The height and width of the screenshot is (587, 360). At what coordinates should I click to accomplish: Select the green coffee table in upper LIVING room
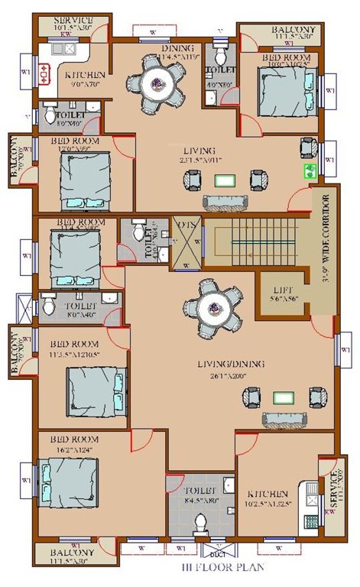click(x=224, y=181)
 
